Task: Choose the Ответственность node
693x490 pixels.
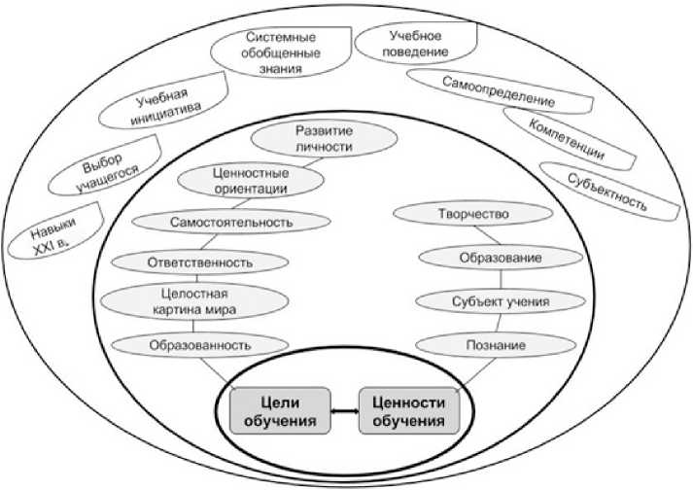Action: tap(199, 262)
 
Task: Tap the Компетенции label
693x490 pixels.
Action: tap(566, 140)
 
